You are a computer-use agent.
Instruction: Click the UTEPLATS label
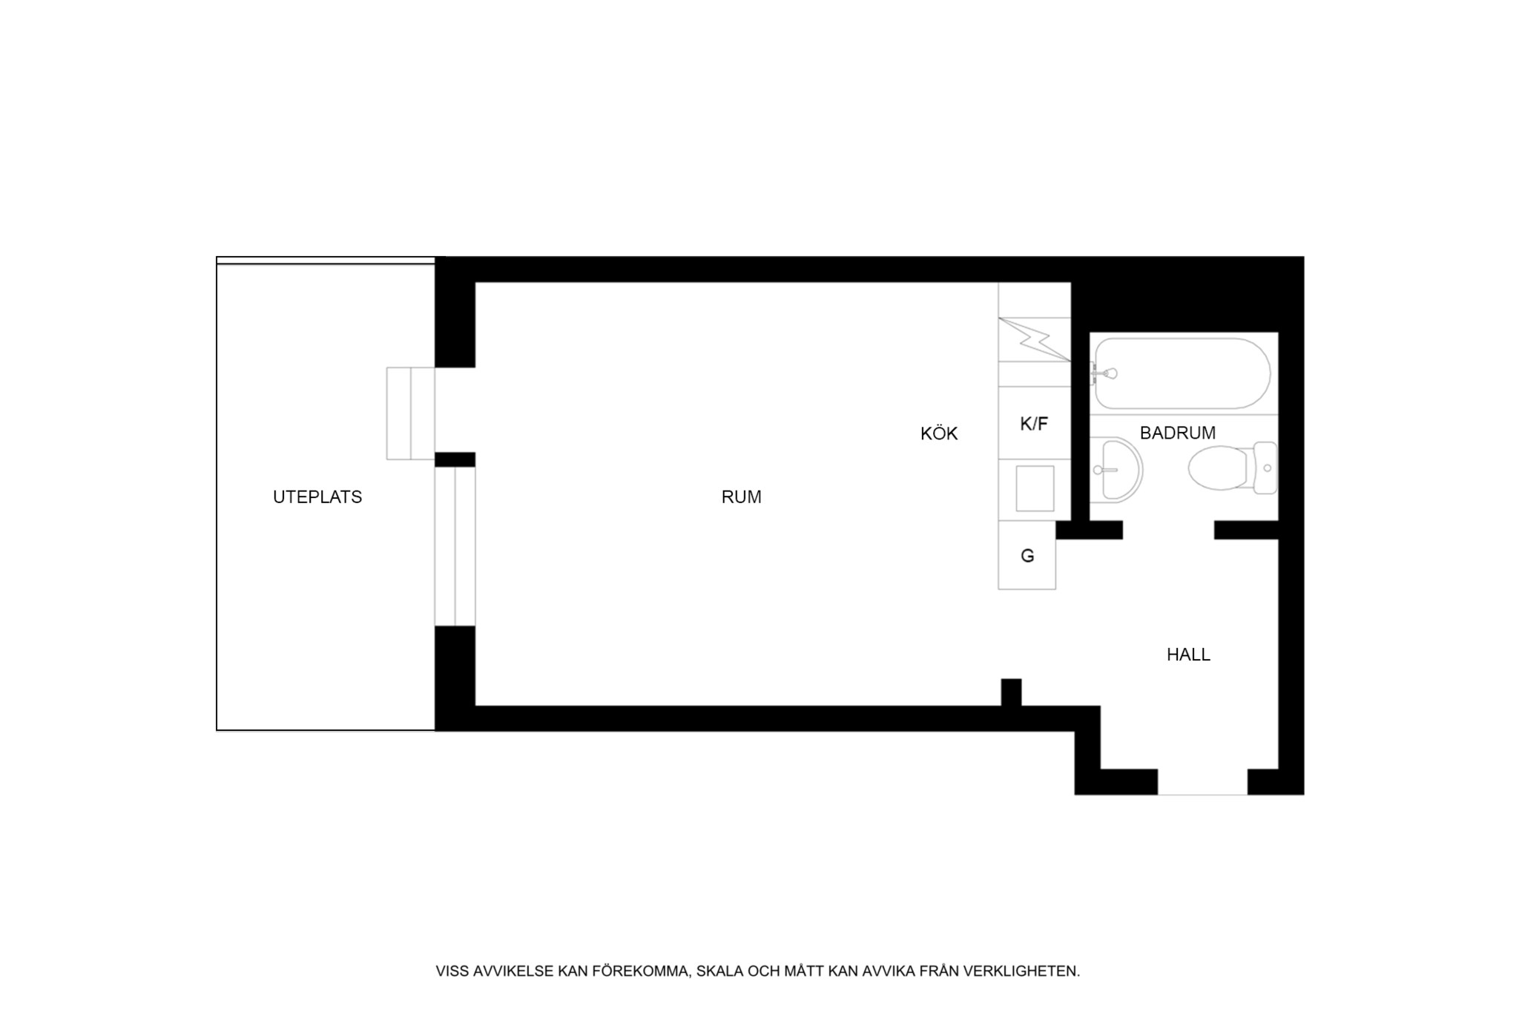click(x=317, y=497)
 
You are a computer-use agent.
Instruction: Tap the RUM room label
click(x=741, y=497)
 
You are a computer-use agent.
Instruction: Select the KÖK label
click(x=939, y=433)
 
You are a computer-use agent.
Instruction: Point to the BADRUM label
click(x=1177, y=433)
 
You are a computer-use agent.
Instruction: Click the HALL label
click(x=1188, y=655)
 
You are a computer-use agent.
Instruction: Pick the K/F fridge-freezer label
click(x=1034, y=424)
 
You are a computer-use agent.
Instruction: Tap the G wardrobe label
click(x=1027, y=556)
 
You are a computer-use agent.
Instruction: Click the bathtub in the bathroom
click(x=1182, y=373)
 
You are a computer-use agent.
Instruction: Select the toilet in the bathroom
click(x=1232, y=468)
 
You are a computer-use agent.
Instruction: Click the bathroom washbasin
click(x=1116, y=471)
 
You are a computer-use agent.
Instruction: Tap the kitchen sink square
click(x=1035, y=488)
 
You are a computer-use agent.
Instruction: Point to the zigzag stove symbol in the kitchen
click(x=1034, y=339)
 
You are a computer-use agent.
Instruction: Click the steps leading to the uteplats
click(x=410, y=413)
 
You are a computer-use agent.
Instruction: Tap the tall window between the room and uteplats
click(x=455, y=546)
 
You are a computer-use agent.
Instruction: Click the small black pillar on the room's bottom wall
click(x=1011, y=692)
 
